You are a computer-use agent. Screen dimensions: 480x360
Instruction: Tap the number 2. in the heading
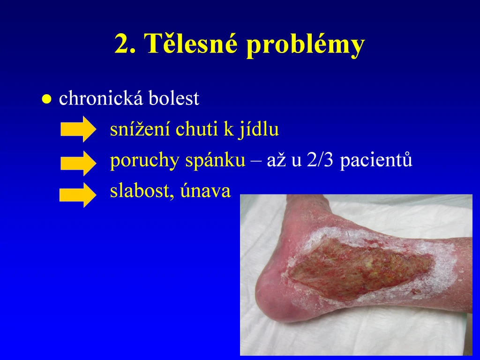(x=126, y=44)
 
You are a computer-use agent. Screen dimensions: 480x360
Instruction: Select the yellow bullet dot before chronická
(x=46, y=99)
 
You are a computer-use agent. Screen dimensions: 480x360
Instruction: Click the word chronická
(x=101, y=98)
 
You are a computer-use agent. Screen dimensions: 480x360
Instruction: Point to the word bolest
(x=174, y=98)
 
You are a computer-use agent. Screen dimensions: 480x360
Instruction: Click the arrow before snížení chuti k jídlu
(x=78, y=129)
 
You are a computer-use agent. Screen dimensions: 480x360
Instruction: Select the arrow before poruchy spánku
(x=78, y=163)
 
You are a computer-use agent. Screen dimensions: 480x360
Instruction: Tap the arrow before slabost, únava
(x=78, y=195)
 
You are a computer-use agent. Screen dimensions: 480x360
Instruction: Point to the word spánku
(x=215, y=160)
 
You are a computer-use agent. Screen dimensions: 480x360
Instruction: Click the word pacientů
(x=376, y=160)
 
